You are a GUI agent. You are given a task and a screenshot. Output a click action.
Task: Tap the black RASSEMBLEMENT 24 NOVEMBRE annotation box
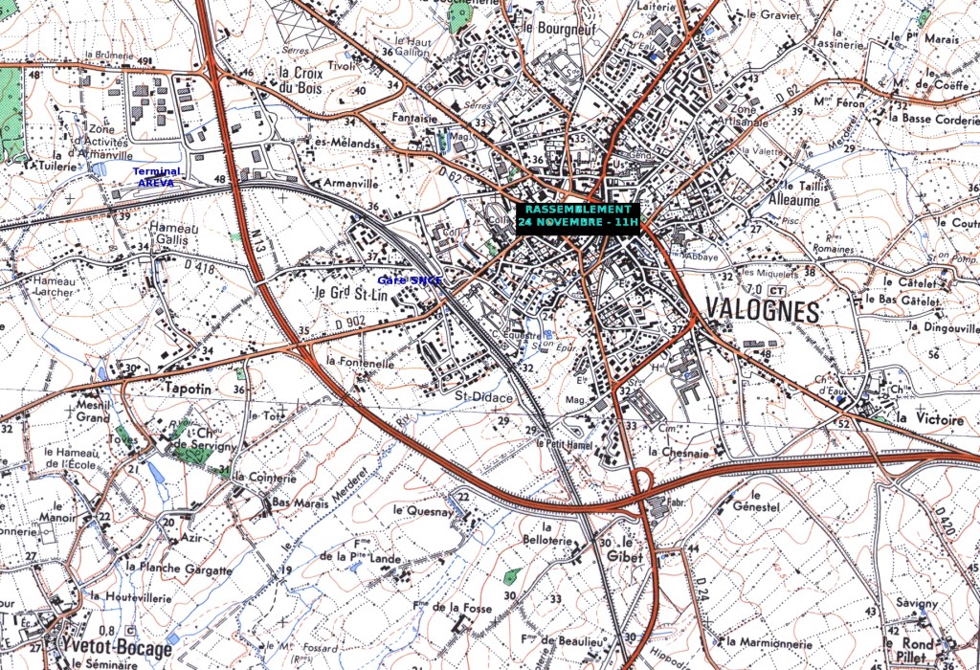coord(577,215)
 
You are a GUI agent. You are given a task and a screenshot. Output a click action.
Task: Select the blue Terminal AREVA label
coord(157,177)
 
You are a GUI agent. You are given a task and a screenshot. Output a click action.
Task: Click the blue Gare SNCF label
coord(411,280)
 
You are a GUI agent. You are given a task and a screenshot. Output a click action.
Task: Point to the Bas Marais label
coord(295,502)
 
